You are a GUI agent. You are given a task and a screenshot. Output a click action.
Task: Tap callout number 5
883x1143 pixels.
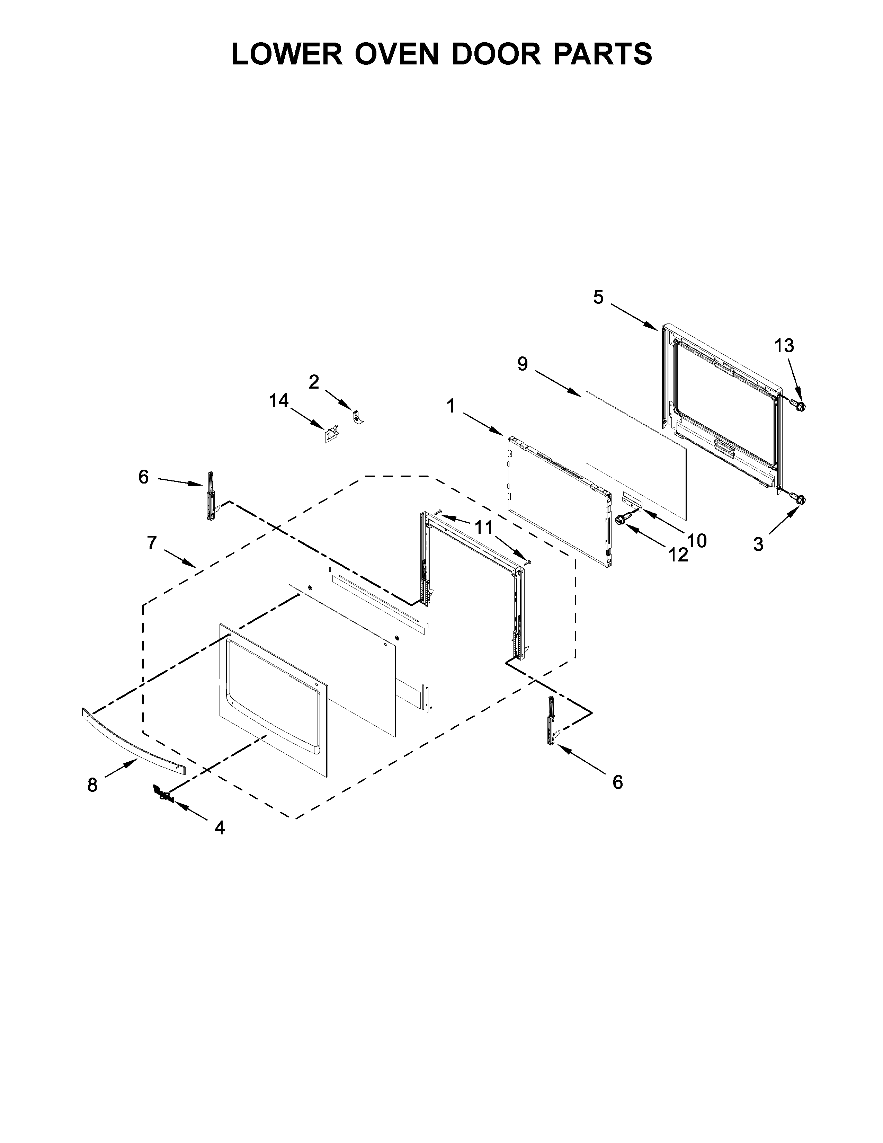click(x=598, y=297)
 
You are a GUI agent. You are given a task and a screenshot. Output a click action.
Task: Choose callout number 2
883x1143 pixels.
click(x=314, y=382)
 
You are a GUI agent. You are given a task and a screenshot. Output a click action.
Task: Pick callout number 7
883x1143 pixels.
click(x=152, y=543)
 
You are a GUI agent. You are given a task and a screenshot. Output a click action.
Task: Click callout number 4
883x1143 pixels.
click(x=220, y=827)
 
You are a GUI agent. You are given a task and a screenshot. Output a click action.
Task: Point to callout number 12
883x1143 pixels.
click(x=678, y=555)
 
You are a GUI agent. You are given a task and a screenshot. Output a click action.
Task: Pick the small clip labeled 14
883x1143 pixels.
click(x=330, y=434)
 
